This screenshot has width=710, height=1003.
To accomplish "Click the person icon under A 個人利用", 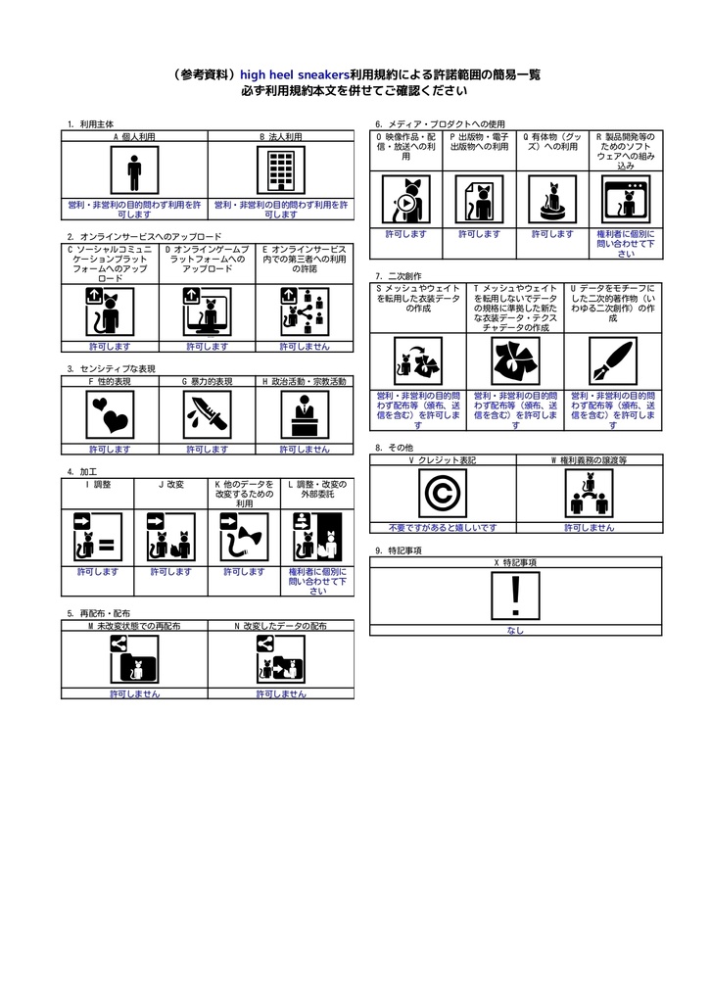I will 134,172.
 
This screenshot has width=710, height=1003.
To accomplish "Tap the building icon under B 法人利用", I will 281,172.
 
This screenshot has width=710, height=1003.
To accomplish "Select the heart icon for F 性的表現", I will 110,415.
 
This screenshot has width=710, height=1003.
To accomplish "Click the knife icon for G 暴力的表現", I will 208,415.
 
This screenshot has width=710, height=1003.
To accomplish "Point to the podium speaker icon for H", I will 305,415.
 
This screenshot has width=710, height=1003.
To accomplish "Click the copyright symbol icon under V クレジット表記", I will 443,493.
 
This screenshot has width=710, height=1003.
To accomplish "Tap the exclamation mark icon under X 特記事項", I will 516,597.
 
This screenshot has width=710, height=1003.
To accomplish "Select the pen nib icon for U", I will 613,361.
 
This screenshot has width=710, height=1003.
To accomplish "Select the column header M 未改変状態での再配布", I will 134,625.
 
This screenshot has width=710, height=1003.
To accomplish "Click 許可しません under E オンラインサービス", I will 305,346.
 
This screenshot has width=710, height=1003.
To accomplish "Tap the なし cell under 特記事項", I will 516,630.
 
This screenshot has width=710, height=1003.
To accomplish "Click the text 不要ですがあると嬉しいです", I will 443,527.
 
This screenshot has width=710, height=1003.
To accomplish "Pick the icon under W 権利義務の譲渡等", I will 589,493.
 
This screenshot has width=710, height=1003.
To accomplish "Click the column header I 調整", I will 98,484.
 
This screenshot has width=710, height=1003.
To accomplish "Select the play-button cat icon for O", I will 405,199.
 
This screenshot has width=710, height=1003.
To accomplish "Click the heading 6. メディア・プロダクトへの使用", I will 441,124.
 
